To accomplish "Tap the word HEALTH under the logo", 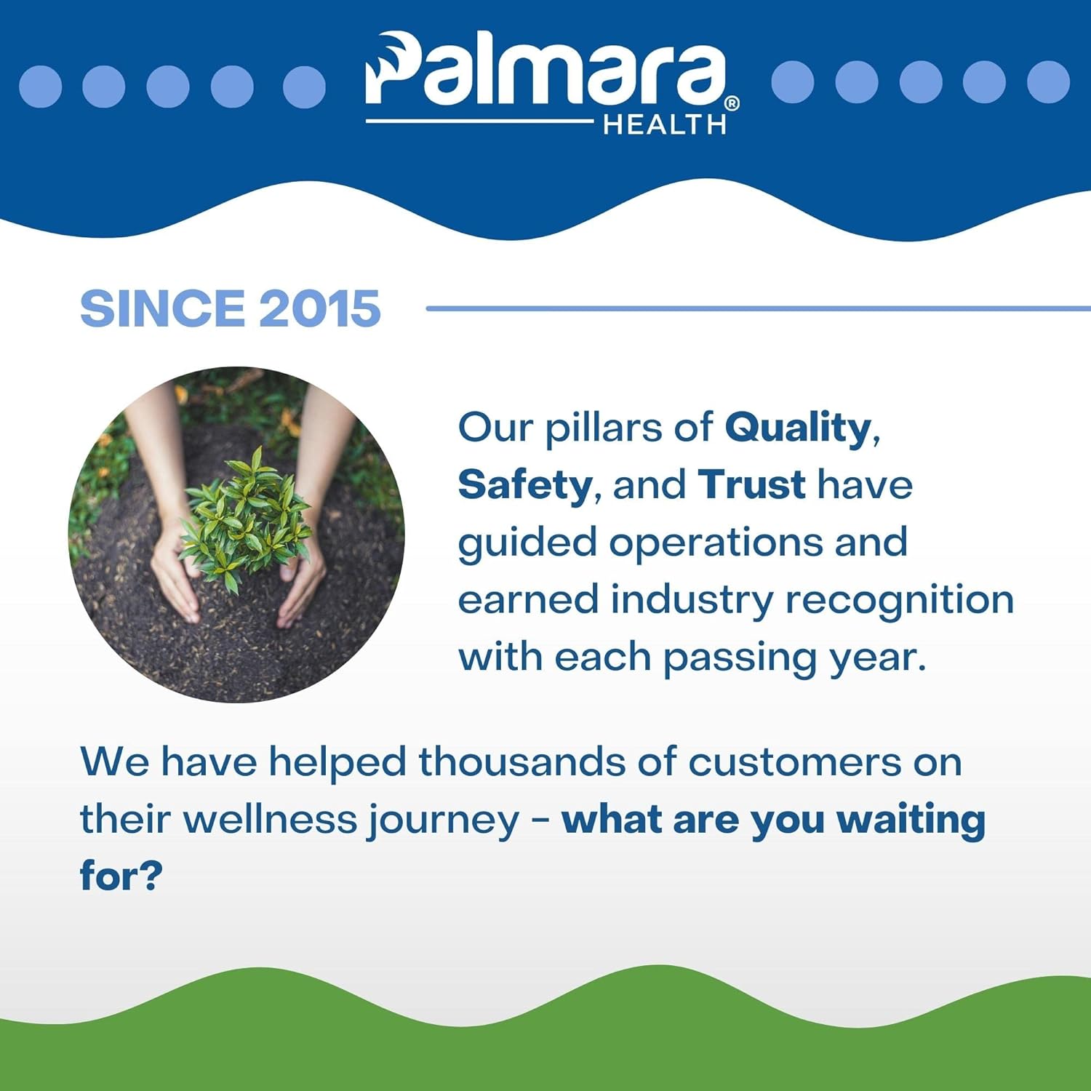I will pos(664,125).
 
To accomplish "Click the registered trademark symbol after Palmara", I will pos(732,104).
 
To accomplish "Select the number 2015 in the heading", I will pos(319,308).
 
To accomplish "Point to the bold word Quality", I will pos(798,428).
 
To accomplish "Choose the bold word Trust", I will pos(751,485).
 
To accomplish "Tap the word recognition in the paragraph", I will pos(899,600).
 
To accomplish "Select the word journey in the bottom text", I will pos(443,820).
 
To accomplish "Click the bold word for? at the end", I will pos(121,876).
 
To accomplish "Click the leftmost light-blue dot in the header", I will pos(40,87).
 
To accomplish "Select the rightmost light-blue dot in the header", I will pos(1048,81).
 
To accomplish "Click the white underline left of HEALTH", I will pos(480,121).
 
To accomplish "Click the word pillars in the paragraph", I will pos(603,428).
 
